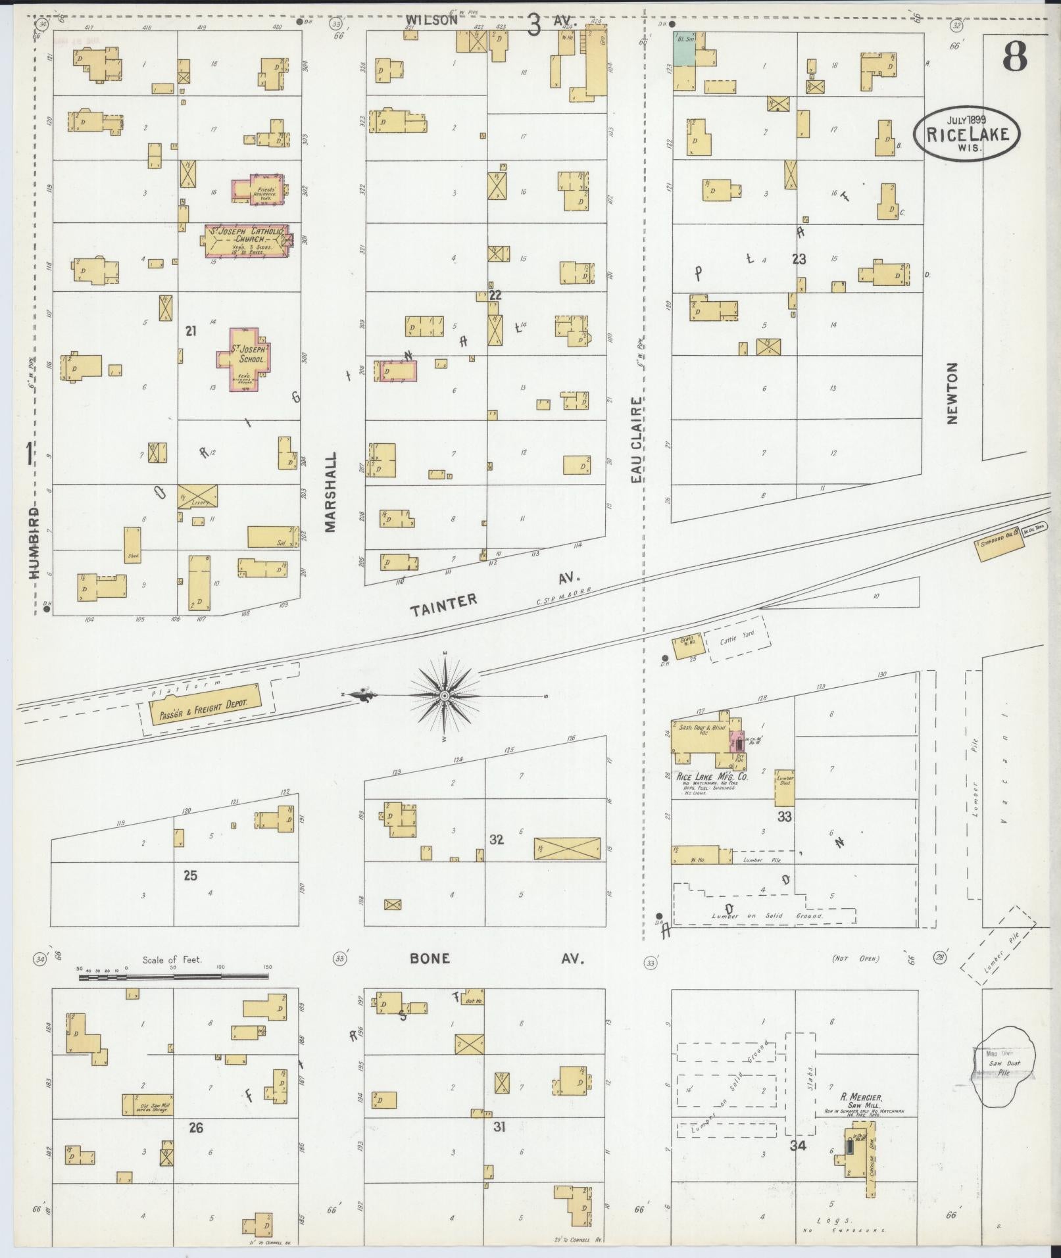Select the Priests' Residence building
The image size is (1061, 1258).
click(257, 189)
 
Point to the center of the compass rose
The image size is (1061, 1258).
click(445, 695)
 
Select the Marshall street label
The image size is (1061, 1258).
click(330, 491)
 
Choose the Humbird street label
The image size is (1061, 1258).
click(35, 543)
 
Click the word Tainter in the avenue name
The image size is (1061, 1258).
click(444, 603)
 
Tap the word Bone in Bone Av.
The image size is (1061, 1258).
click(430, 958)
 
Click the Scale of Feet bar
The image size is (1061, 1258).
click(175, 977)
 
